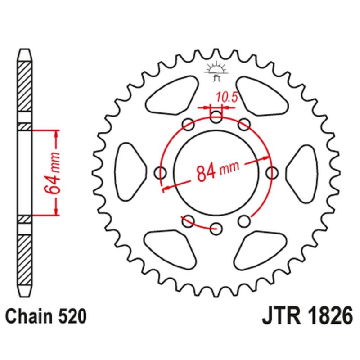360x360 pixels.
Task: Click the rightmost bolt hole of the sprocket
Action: pyautogui.click(x=272, y=172)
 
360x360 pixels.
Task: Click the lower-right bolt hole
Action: pyautogui.click(x=244, y=220)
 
